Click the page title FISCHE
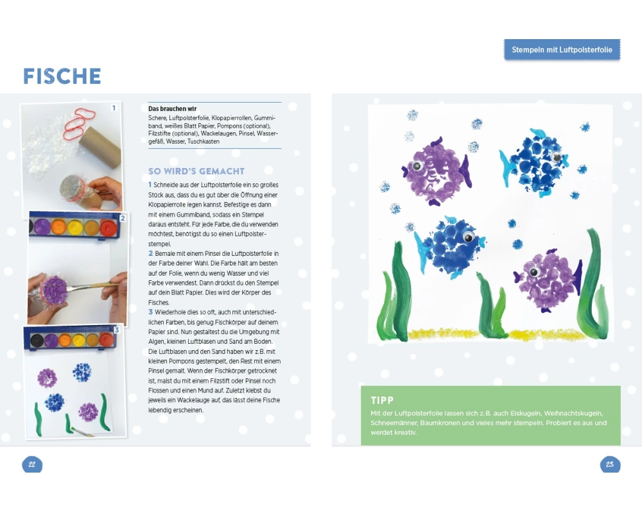pos(62,76)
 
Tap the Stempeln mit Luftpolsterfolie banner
pos(562,50)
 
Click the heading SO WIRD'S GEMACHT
pos(196,171)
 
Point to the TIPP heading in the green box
pos(382,400)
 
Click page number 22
pos(32,464)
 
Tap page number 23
pos(610,464)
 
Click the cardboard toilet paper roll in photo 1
pos(100,146)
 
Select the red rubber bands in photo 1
pos(79,123)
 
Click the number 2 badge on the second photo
pos(123,218)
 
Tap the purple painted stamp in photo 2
pos(54,290)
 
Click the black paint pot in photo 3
pos(37,340)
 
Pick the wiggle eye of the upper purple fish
pos(417,165)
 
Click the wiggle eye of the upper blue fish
pos(557,156)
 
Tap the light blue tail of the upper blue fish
pos(507,169)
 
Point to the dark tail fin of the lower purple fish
pos(578,278)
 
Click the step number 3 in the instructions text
pos(150,312)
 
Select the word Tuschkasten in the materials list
pos(204,142)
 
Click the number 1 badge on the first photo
pos(114,108)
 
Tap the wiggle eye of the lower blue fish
pos(469,237)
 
